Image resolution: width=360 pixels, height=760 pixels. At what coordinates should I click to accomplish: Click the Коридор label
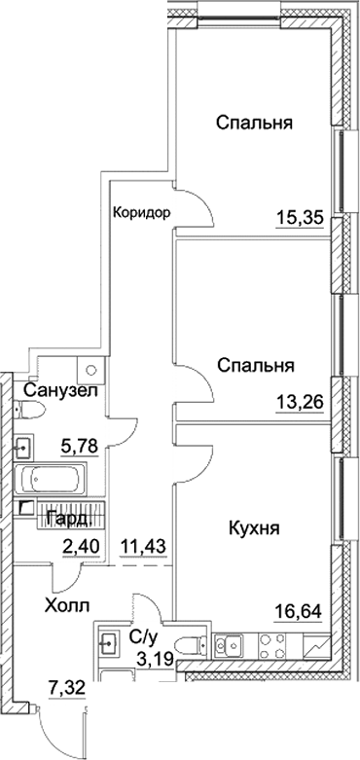[x=142, y=212]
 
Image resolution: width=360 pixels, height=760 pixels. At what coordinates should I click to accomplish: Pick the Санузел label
[x=59, y=390]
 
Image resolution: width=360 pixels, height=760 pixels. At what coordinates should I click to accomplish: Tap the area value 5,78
[x=77, y=447]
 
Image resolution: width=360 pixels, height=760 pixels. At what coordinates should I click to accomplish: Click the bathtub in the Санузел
[x=54, y=481]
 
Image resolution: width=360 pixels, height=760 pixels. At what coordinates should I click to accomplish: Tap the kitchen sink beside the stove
[x=232, y=644]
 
